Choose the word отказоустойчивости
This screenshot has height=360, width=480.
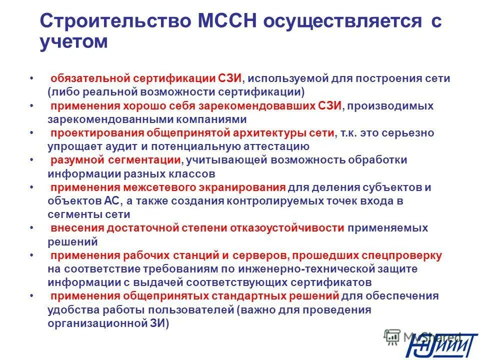(287, 228)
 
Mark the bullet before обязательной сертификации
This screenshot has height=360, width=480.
(31, 79)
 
